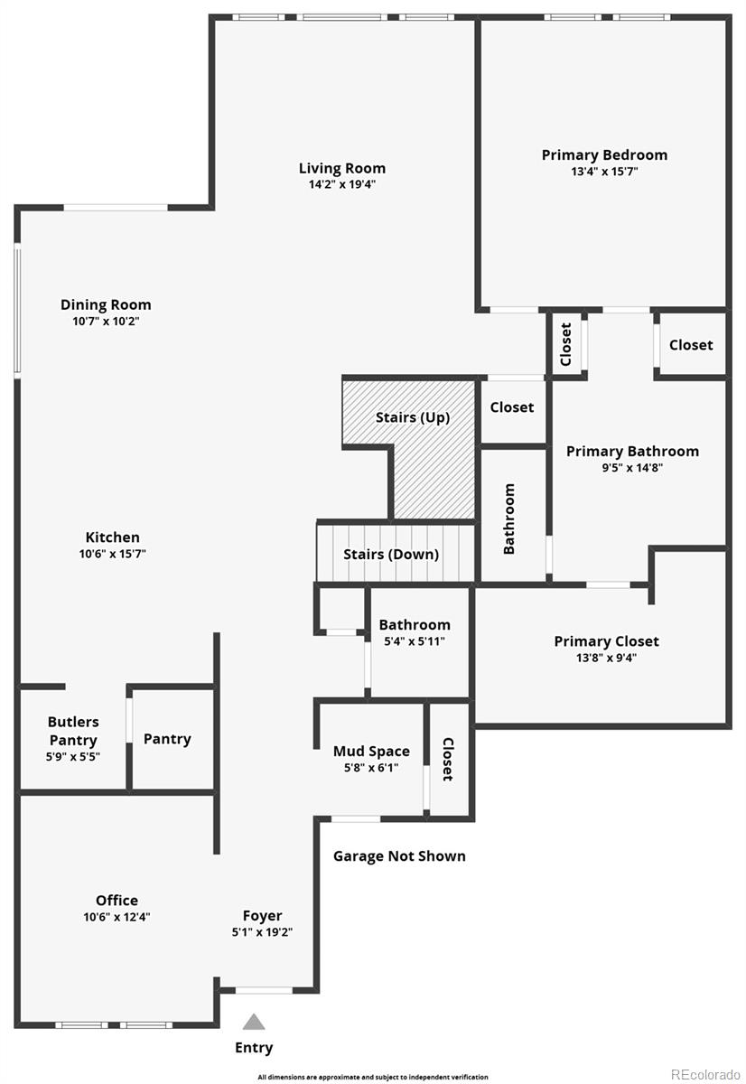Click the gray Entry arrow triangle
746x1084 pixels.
[x=254, y=1022]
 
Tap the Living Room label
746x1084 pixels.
[x=342, y=168]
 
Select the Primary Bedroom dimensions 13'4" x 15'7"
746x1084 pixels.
[x=604, y=172]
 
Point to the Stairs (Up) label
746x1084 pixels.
[x=413, y=417]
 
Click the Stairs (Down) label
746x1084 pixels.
[x=391, y=554]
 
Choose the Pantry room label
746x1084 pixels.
[x=167, y=739]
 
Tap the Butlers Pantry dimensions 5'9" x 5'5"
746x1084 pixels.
[x=73, y=756]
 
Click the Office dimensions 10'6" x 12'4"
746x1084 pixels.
[x=117, y=917]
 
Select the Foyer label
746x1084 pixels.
[x=262, y=916]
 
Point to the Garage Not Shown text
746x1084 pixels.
[x=399, y=856]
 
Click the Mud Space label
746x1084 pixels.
[x=371, y=751]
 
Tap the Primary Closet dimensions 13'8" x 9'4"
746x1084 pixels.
[x=606, y=658]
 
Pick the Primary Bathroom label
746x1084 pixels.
[x=632, y=452]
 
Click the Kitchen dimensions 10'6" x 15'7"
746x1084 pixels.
[x=113, y=554]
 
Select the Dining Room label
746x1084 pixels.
[x=106, y=305]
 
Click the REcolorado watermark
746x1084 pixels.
[x=706, y=1074]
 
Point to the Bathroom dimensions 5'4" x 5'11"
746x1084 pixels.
[x=415, y=641]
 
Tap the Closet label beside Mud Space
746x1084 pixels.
[x=448, y=759]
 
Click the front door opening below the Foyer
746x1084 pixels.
[x=264, y=990]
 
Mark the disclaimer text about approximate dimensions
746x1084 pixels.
[x=373, y=1077]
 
